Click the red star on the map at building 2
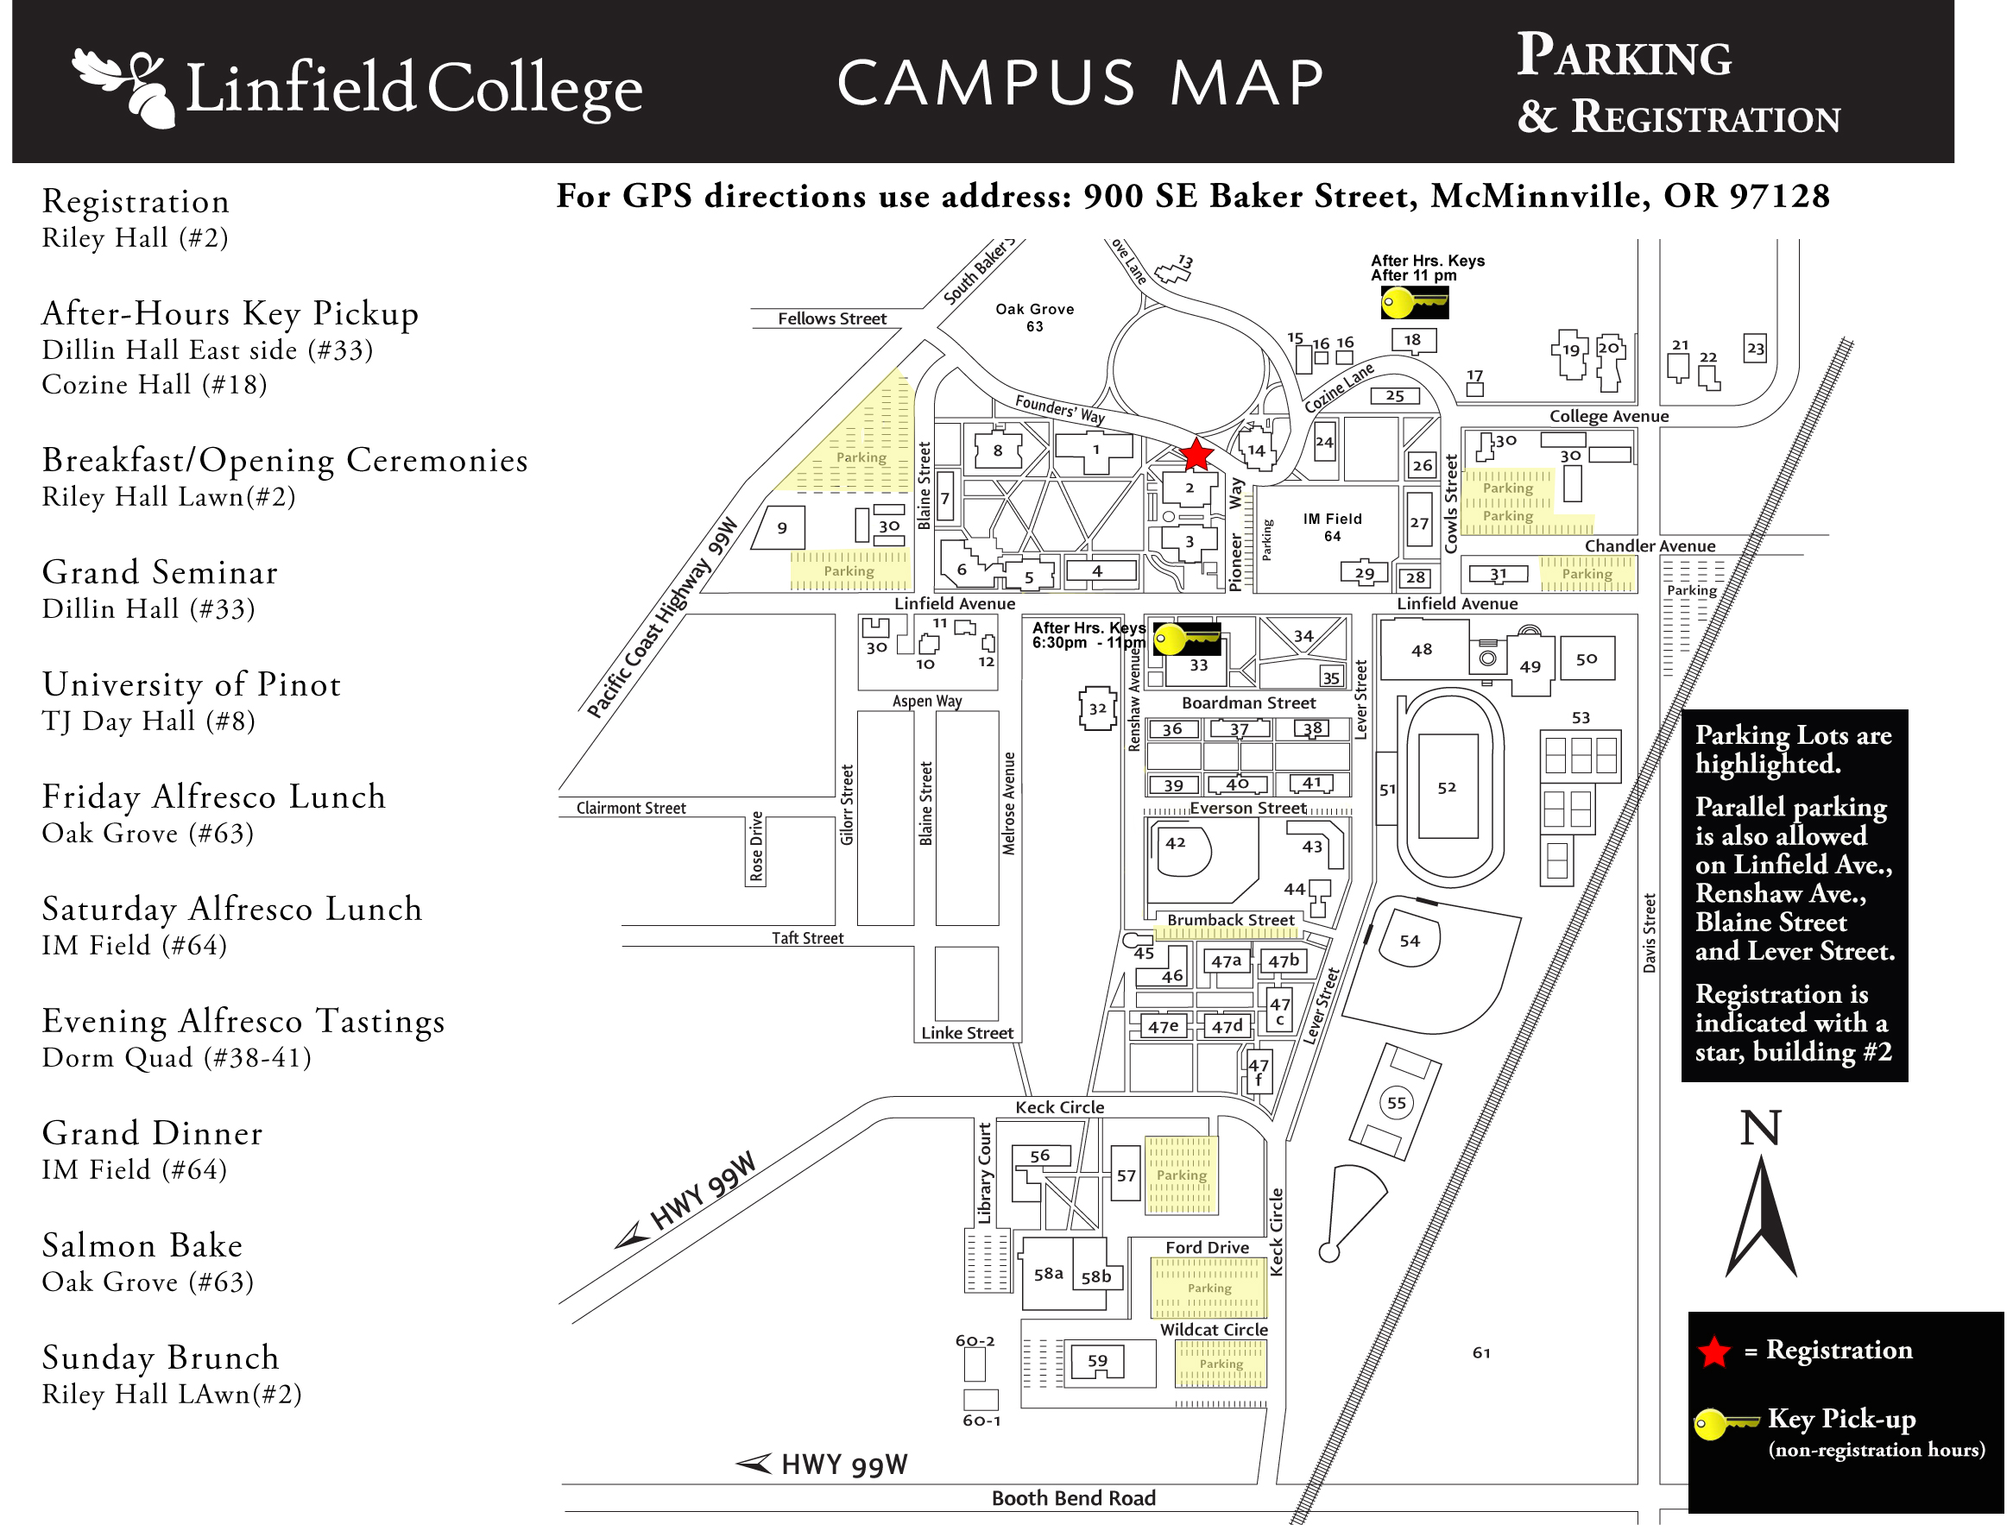pos(1196,455)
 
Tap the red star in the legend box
pos(1713,1352)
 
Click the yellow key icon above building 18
pos(1413,302)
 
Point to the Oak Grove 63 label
pos(1034,318)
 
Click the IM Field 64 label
pos(1332,527)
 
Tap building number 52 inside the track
pos(1446,788)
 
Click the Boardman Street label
pos(1248,702)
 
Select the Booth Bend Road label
pos(1073,1497)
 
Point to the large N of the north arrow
pos(1759,1128)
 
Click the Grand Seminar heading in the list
pos(161,573)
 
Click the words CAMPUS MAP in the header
pos(1080,83)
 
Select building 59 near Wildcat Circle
pos(1097,1361)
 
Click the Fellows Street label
pos(832,318)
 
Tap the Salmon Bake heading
pos(142,1246)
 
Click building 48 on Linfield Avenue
pos(1421,650)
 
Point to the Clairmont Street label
pos(630,808)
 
